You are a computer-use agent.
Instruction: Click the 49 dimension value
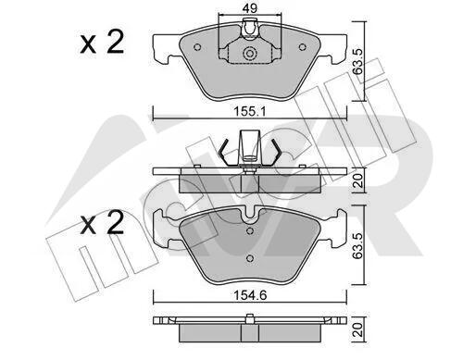249,8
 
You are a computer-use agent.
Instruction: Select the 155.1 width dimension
250,111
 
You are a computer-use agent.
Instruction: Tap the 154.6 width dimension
250,295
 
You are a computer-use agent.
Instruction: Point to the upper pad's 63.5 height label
358,61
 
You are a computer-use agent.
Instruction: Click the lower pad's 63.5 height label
358,245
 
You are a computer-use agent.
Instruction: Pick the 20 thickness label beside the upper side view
358,180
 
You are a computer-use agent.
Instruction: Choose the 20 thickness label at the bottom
358,329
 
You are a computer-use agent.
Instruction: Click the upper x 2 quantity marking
103,43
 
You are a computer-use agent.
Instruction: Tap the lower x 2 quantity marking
103,223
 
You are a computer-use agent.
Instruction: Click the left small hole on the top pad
197,47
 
